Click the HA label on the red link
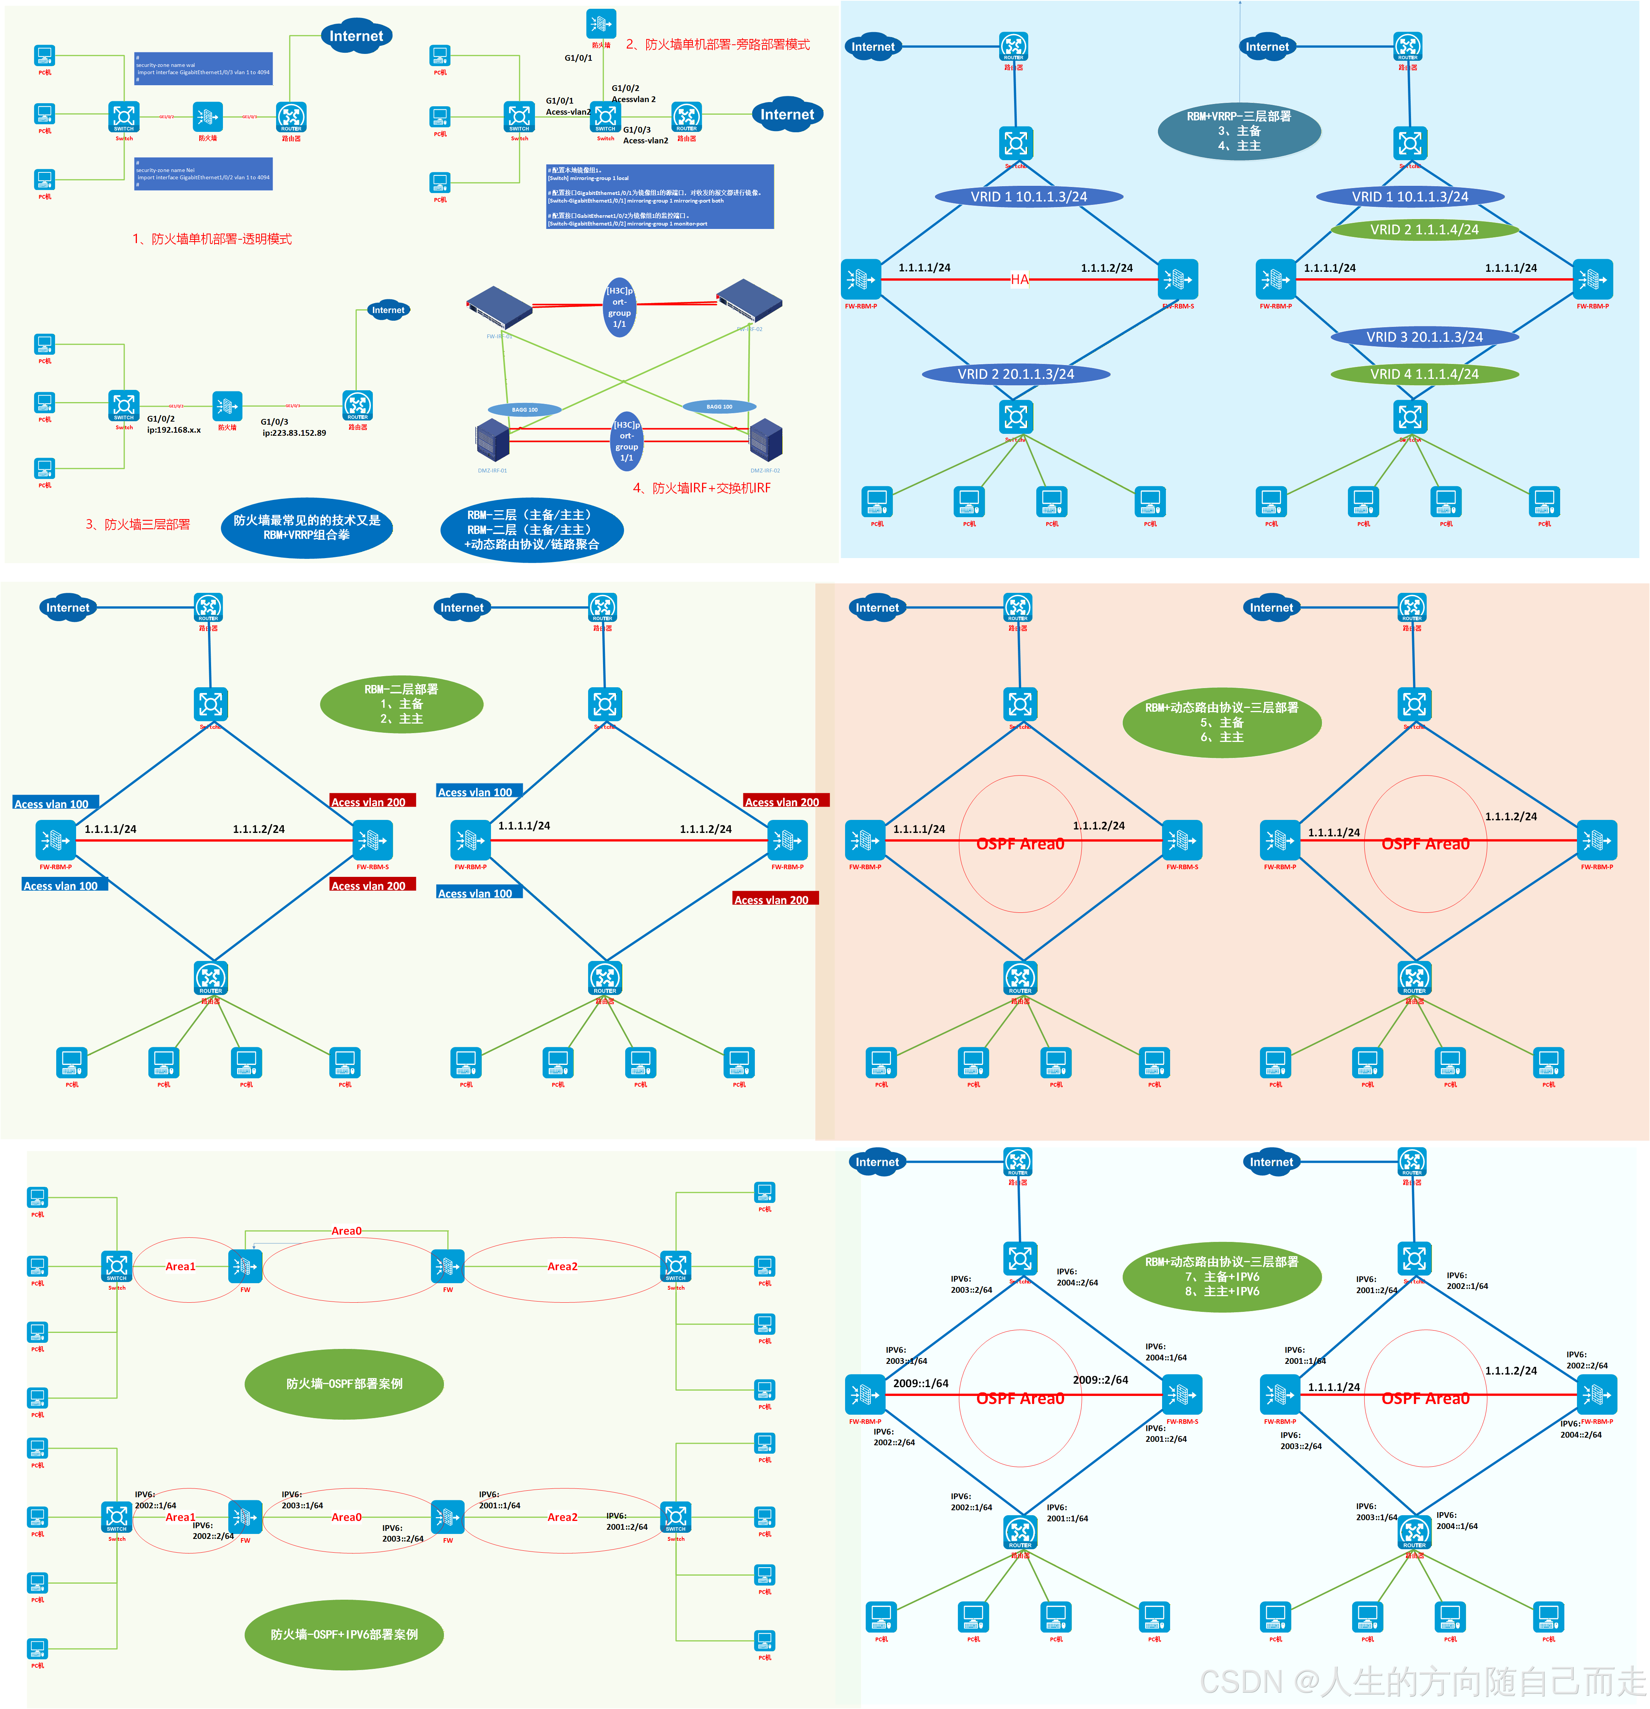(1019, 279)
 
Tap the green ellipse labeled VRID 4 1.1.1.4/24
(1424, 374)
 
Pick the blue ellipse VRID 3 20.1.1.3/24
(1424, 337)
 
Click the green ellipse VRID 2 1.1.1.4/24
(1424, 229)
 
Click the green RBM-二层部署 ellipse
(401, 704)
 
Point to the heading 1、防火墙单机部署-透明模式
(212, 239)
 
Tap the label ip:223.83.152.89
(294, 432)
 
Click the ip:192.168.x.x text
(174, 430)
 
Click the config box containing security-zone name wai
(203, 68)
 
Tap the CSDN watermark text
(1421, 1681)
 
